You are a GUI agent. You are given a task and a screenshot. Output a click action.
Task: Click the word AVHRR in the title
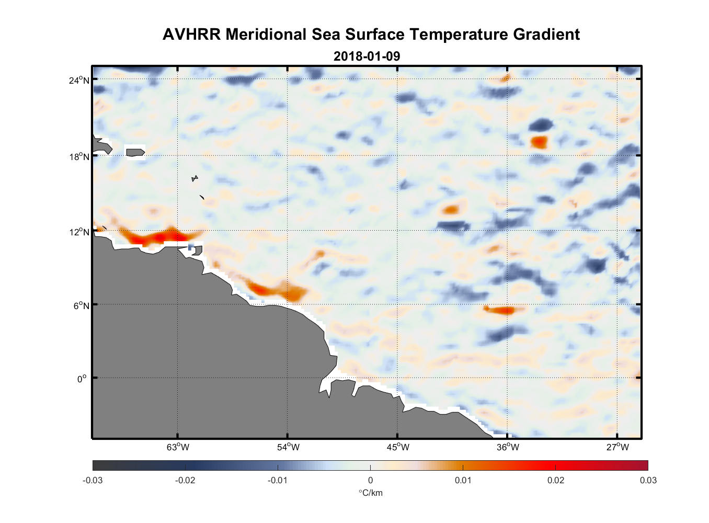(191, 35)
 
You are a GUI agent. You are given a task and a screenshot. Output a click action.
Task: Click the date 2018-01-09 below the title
(367, 56)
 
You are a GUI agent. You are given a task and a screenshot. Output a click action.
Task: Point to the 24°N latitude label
(79, 80)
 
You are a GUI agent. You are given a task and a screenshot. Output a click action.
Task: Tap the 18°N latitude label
(79, 156)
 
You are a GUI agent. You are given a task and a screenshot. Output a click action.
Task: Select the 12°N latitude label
(79, 232)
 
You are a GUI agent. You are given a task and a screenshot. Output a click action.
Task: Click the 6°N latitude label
(81, 305)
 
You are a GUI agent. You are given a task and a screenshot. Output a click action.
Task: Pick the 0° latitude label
(82, 379)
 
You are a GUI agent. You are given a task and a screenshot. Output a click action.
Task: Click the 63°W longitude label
(178, 447)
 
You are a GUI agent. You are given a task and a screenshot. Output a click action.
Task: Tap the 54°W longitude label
(288, 447)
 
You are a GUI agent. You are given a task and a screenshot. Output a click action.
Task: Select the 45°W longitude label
(398, 447)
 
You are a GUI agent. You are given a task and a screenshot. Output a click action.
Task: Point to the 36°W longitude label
(508, 447)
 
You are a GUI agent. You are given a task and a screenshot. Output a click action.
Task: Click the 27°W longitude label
(617, 447)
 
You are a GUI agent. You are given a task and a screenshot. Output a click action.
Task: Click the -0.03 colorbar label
(93, 481)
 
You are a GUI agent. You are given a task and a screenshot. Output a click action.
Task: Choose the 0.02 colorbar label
(556, 481)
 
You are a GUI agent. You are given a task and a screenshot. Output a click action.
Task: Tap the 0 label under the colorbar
(370, 481)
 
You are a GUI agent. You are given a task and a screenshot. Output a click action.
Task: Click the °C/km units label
(370, 493)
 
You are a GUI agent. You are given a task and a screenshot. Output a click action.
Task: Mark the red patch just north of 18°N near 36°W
(539, 142)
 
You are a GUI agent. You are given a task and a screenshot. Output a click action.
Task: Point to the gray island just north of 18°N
(135, 152)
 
